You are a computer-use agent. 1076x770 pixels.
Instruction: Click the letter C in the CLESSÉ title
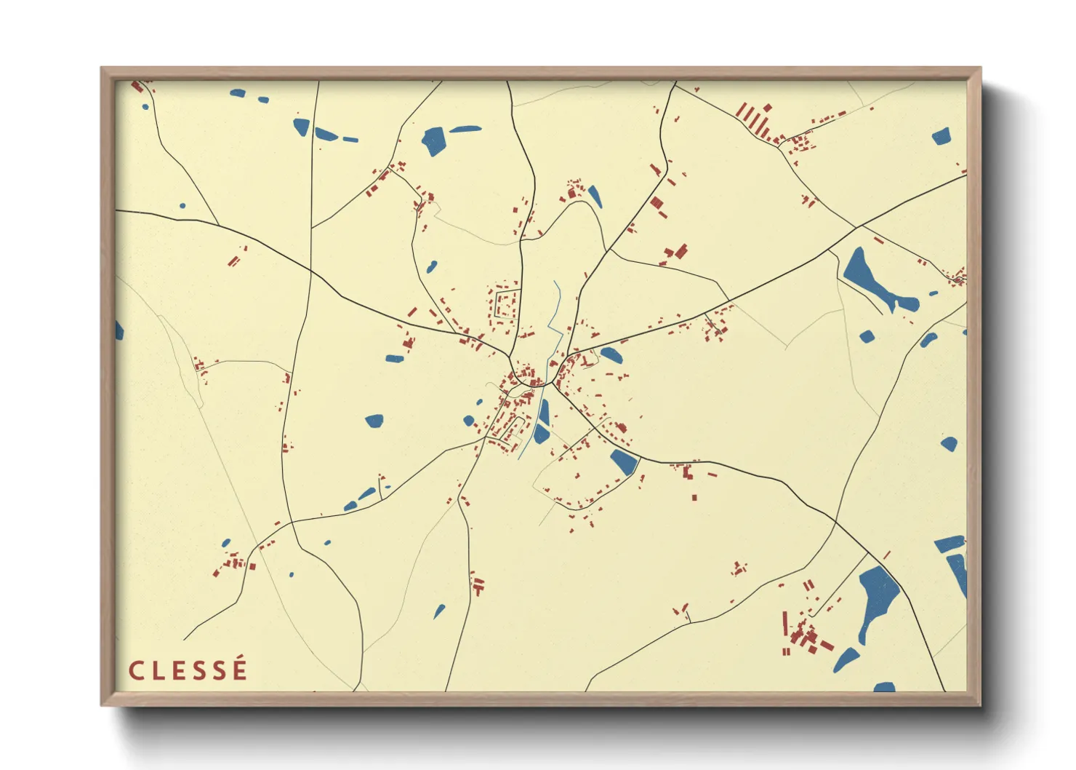point(135,670)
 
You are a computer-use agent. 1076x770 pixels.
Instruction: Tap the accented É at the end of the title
point(239,669)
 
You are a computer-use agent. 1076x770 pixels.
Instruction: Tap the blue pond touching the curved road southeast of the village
point(624,461)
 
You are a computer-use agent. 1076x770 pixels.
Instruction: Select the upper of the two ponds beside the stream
point(544,412)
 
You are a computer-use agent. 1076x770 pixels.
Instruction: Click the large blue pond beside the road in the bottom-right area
point(878,597)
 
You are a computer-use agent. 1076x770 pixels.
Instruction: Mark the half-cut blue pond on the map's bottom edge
point(884,687)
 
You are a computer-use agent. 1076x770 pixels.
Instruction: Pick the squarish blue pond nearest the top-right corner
point(941,136)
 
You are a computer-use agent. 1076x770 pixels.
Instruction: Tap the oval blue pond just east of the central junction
point(611,355)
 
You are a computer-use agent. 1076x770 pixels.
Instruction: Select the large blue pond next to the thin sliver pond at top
point(434,140)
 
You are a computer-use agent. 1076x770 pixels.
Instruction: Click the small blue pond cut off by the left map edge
point(119,331)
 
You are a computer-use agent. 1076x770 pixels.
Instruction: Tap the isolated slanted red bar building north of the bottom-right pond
point(886,555)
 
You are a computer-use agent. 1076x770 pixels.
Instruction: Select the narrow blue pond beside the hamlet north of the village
point(595,196)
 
